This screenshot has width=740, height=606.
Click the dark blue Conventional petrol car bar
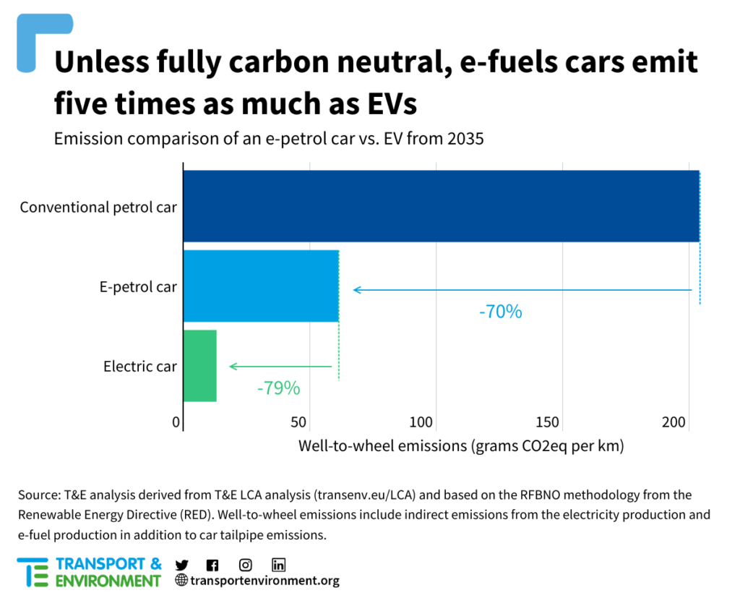coord(441,206)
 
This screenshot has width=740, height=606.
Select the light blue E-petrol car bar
coord(261,286)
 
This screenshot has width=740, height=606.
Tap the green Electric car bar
coord(199,365)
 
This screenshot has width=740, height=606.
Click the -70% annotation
coord(500,312)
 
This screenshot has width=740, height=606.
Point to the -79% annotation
coord(278,388)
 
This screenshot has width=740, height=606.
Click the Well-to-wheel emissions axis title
coord(461,446)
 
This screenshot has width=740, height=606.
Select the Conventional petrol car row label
coord(98,208)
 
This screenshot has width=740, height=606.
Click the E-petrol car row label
coord(138,287)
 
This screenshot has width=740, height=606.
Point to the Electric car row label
coord(140,367)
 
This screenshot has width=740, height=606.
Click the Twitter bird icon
coord(181,565)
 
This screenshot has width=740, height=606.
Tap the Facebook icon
coord(212,565)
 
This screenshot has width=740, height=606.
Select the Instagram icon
coord(246,565)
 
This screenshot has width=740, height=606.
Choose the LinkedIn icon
coord(279,565)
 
